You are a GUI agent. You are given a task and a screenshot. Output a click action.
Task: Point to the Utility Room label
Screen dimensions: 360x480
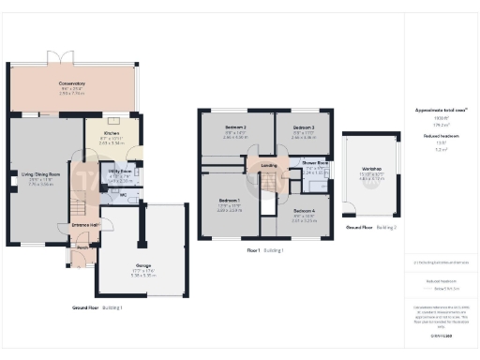119,172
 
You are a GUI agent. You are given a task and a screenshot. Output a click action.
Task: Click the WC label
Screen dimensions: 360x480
123,196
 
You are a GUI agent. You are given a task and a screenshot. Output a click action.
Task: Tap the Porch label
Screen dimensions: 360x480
82,248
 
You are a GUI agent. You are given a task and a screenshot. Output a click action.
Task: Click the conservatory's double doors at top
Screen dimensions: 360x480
65,56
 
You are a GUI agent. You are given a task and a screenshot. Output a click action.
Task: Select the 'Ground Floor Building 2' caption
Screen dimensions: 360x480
371,228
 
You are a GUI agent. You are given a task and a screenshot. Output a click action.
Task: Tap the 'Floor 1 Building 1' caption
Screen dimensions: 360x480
266,251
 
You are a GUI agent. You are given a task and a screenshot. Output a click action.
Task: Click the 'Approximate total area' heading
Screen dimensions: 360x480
441,110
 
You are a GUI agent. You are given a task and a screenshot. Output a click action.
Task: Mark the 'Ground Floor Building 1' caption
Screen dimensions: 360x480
97,307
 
